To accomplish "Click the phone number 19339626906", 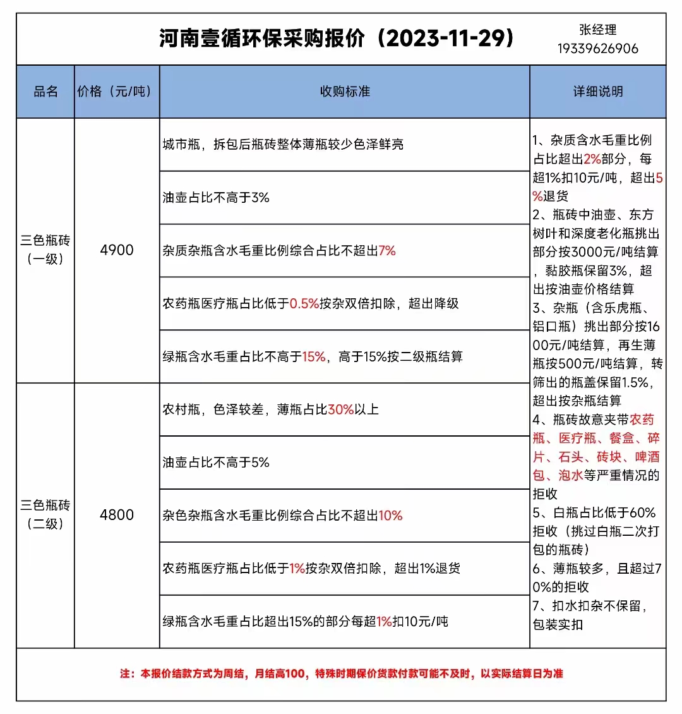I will tap(597, 49).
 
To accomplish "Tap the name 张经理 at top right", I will tap(597, 30).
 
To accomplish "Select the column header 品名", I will tap(45, 92).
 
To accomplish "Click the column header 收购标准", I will tap(345, 92).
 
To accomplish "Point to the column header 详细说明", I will tap(597, 92).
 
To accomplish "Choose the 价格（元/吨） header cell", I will tap(116, 92).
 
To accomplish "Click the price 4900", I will tap(117, 250).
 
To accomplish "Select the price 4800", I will tap(117, 515).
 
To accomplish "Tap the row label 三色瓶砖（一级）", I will tap(45, 250).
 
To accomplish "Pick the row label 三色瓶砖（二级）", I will tap(45, 514).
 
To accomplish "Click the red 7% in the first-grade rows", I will tap(386, 251).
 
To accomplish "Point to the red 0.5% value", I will tap(304, 304).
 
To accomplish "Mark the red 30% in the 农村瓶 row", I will tap(340, 409).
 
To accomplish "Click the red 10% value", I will tap(390, 516).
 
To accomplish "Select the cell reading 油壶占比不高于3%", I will tap(216, 198).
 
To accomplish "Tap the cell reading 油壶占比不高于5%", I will tap(216, 463).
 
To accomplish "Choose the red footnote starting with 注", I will tap(341, 674).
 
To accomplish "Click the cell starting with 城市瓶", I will tap(283, 145).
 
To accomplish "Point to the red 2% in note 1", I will tap(592, 159).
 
